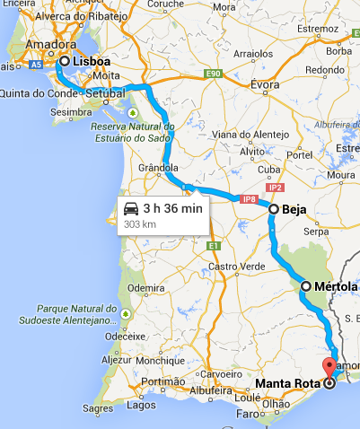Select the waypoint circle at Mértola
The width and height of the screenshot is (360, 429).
pos(305,286)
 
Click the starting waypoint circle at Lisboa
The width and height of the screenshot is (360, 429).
pos(64,61)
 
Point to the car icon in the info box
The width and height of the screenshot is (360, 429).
pos(131,209)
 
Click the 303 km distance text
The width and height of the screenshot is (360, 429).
pos(139,223)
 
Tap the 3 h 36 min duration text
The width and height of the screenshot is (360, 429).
pos(173,209)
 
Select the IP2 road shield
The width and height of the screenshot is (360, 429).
pos(275,188)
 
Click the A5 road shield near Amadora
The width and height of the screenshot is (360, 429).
pos(36,65)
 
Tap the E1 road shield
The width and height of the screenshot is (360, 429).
pos(212,246)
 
